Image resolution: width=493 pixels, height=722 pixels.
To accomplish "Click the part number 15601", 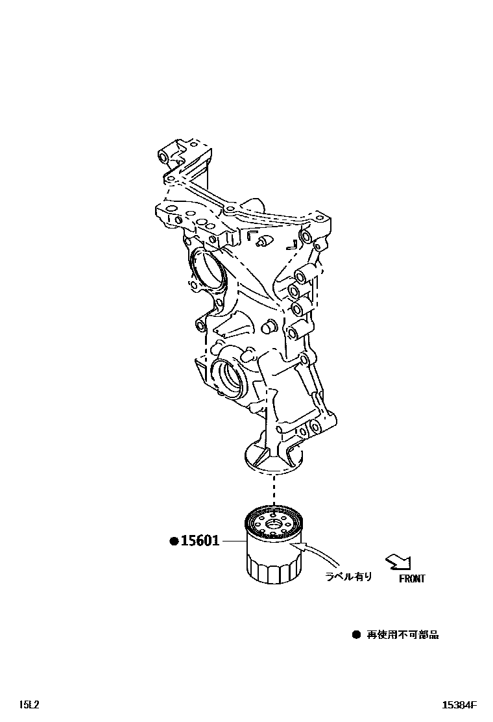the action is (200, 541).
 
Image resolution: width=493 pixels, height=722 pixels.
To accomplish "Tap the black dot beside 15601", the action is (174, 541).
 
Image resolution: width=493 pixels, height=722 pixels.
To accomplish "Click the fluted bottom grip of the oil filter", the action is (272, 571).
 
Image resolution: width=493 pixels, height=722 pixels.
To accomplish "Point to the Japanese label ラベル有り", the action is (349, 576).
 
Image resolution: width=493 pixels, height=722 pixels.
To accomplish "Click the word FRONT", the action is (411, 579).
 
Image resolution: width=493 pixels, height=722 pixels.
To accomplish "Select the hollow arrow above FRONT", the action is (398, 562).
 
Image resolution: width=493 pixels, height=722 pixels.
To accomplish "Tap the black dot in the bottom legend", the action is (355, 634).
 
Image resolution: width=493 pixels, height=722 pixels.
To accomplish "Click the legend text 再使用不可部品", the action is (403, 634).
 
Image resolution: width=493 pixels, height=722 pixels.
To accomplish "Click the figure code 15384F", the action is (459, 704).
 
